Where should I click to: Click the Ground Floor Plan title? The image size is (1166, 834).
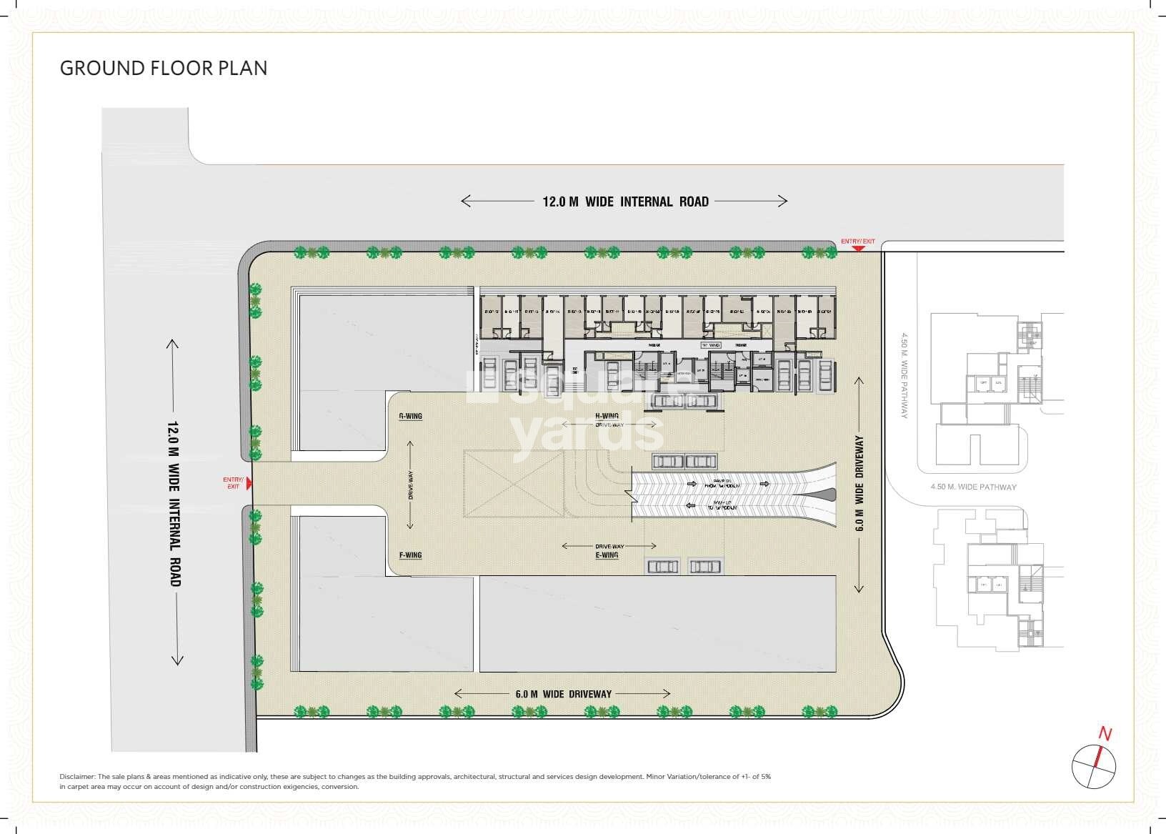pyautogui.click(x=164, y=69)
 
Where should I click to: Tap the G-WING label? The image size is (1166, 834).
pyautogui.click(x=410, y=416)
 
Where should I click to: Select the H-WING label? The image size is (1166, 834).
pyautogui.click(x=607, y=416)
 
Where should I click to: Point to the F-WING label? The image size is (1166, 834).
pyautogui.click(x=410, y=555)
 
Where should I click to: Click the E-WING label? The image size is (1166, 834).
pyautogui.click(x=607, y=555)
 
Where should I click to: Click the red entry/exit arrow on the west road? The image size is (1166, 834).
pyautogui.click(x=249, y=484)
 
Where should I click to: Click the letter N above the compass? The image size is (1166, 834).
pyautogui.click(x=1105, y=734)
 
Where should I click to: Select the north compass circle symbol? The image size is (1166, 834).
pyautogui.click(x=1093, y=766)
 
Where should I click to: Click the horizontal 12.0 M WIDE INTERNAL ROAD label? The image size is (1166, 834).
pyautogui.click(x=625, y=202)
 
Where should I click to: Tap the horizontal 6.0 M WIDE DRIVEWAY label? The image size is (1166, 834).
pyautogui.click(x=563, y=694)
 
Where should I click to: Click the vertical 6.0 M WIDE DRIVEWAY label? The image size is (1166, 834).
pyautogui.click(x=859, y=484)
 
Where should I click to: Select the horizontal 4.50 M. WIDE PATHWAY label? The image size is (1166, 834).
pyautogui.click(x=973, y=487)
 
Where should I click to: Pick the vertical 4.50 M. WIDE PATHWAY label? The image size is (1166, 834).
pyautogui.click(x=905, y=375)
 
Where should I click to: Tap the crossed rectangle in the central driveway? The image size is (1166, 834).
pyautogui.click(x=513, y=483)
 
